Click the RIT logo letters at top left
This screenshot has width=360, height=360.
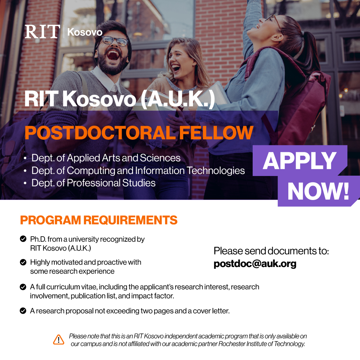pyautogui.click(x=42, y=32)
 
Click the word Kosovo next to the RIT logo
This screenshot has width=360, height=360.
pyautogui.click(x=85, y=32)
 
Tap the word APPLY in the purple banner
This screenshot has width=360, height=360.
pyautogui.click(x=299, y=161)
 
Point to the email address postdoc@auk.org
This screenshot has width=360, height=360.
pyautogui.click(x=255, y=264)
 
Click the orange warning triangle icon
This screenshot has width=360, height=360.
pyautogui.click(x=59, y=339)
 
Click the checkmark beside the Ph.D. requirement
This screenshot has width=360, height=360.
pyautogui.click(x=23, y=239)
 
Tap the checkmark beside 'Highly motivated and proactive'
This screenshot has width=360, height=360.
pyautogui.click(x=23, y=262)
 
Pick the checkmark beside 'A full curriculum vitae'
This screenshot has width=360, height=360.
pyautogui.click(x=23, y=287)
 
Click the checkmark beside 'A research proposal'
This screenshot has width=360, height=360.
pyautogui.click(x=23, y=311)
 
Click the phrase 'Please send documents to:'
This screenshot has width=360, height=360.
pyautogui.click(x=271, y=251)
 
